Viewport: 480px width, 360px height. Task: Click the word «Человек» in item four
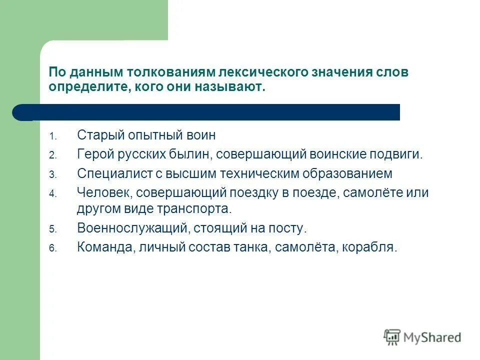(x=103, y=193)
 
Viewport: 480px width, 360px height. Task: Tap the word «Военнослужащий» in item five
(x=132, y=228)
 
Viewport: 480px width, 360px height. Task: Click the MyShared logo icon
(x=392, y=336)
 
